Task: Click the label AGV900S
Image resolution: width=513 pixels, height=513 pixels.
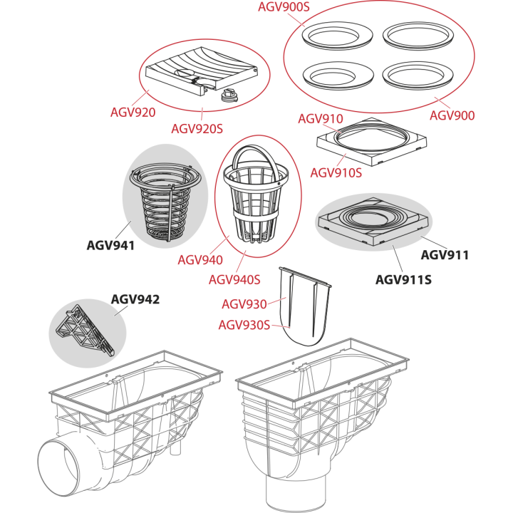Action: point(284,7)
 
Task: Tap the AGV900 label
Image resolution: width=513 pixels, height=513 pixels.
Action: point(452,115)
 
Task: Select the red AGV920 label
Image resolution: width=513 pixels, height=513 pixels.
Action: point(133,113)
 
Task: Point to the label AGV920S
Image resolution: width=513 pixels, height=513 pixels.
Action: point(197,129)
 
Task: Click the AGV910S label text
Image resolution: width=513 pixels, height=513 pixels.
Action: point(336,173)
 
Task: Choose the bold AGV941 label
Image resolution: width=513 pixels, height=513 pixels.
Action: point(110,245)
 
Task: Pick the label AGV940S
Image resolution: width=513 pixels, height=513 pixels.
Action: point(234,280)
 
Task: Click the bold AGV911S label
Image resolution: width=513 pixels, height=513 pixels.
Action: point(403,280)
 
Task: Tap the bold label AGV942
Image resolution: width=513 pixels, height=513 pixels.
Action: point(135,299)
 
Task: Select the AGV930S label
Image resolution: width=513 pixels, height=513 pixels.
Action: point(244,325)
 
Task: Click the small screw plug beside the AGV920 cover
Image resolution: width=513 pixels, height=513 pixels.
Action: point(229,95)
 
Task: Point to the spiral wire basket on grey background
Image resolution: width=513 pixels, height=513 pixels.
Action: point(165,203)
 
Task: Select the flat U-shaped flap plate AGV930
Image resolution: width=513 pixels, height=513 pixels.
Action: point(305,306)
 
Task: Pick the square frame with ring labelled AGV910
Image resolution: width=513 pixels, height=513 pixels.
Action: point(372,142)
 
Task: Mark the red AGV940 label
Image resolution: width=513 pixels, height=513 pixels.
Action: point(200,260)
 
